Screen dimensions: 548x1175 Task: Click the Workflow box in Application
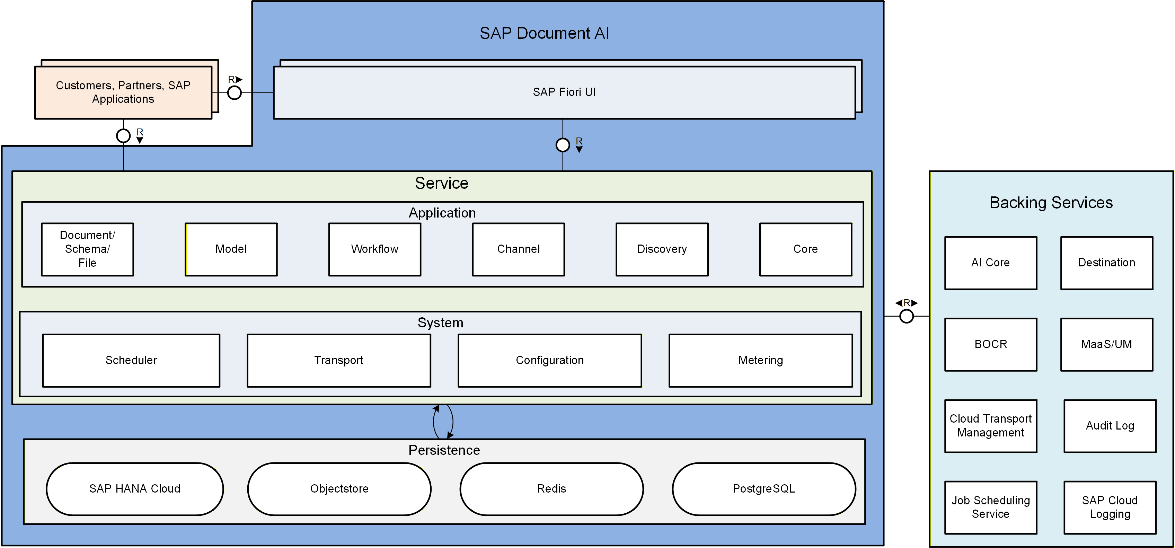374,249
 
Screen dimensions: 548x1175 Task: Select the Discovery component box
662,249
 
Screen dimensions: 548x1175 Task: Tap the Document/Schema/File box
88,249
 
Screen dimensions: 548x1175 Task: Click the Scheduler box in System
131,361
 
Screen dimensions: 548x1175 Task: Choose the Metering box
760,361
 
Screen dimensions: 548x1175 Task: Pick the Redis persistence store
551,489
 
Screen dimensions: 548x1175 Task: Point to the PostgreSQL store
763,489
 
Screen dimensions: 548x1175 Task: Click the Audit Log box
1110,426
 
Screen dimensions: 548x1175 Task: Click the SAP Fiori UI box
564,92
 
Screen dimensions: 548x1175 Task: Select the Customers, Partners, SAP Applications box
123,92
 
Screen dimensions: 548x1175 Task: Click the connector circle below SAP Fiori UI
563,145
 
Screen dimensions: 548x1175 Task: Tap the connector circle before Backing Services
906,316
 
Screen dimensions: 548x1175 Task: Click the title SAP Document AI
544,33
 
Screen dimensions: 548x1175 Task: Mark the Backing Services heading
1051,203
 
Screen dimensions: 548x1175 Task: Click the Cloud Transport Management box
991,426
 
